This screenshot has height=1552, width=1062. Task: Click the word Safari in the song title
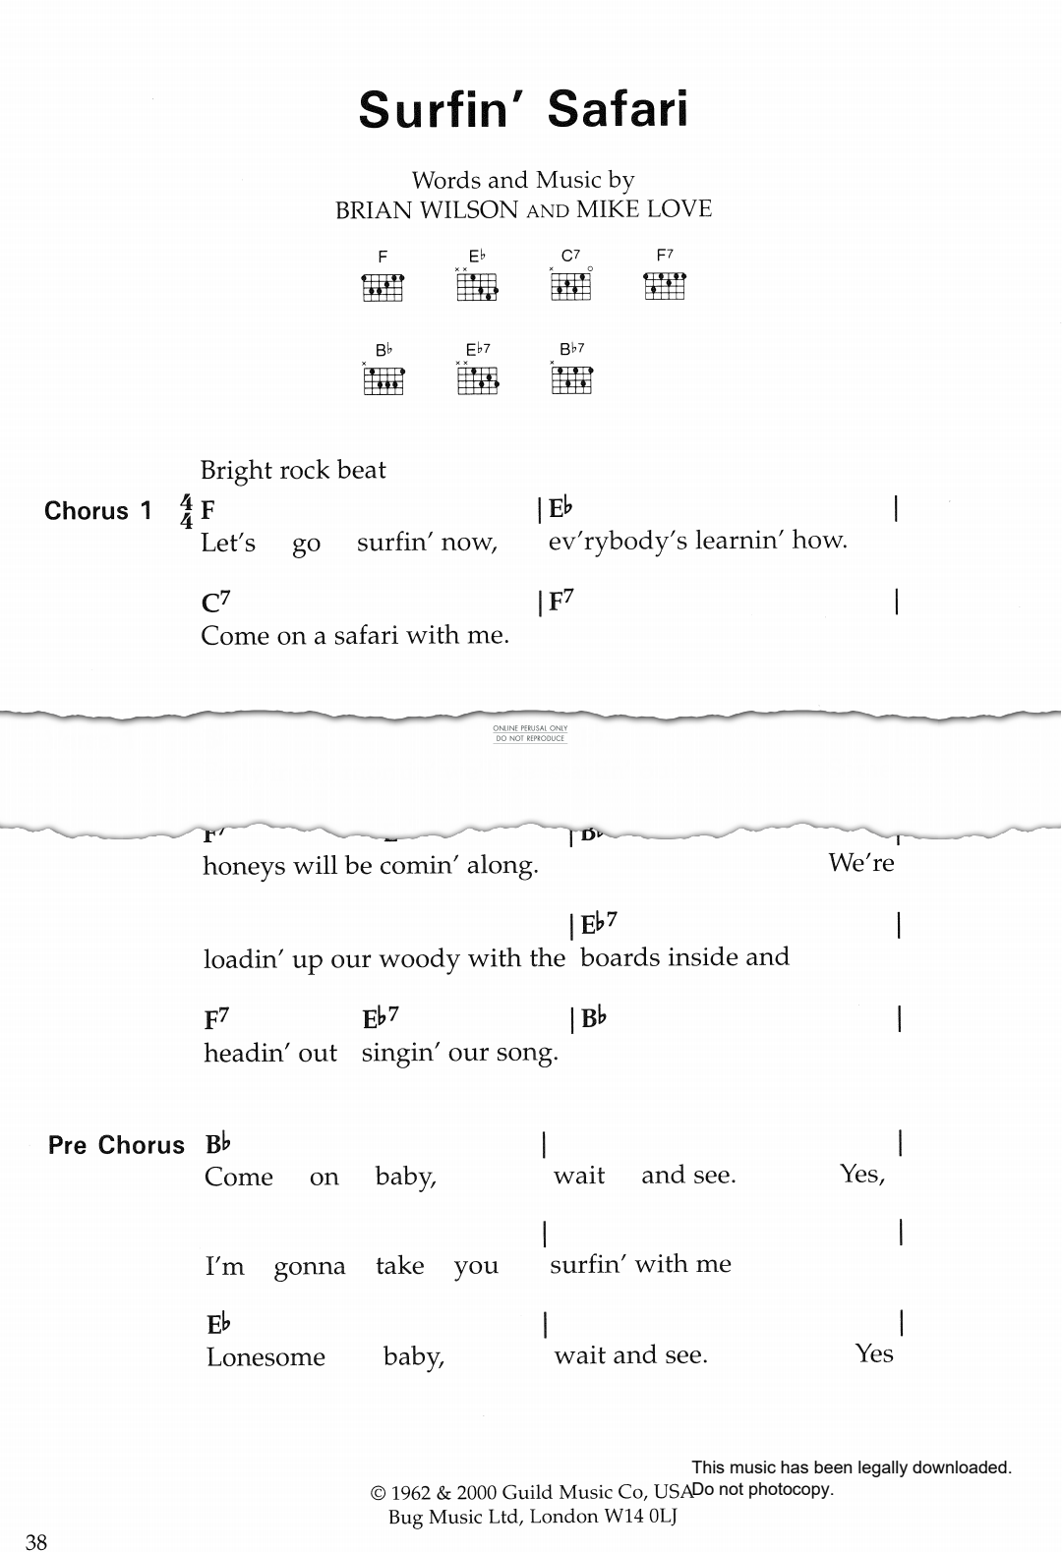pos(618,109)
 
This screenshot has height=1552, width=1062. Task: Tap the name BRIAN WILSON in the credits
pos(426,209)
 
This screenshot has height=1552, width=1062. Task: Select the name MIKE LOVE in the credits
pos(643,209)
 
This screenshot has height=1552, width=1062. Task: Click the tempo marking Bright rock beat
pos(293,470)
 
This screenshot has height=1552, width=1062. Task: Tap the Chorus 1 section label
pos(98,511)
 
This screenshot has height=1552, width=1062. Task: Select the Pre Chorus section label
pos(116,1145)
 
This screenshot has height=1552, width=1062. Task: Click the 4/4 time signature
pos(187,512)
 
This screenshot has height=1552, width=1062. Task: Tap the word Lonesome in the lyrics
pos(265,1356)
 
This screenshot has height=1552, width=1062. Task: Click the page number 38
pos(36,1541)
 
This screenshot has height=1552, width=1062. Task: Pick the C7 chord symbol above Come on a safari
pos(216,603)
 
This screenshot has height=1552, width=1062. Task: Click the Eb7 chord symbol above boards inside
pos(599,925)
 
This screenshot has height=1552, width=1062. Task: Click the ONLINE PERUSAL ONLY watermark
pos(530,728)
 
